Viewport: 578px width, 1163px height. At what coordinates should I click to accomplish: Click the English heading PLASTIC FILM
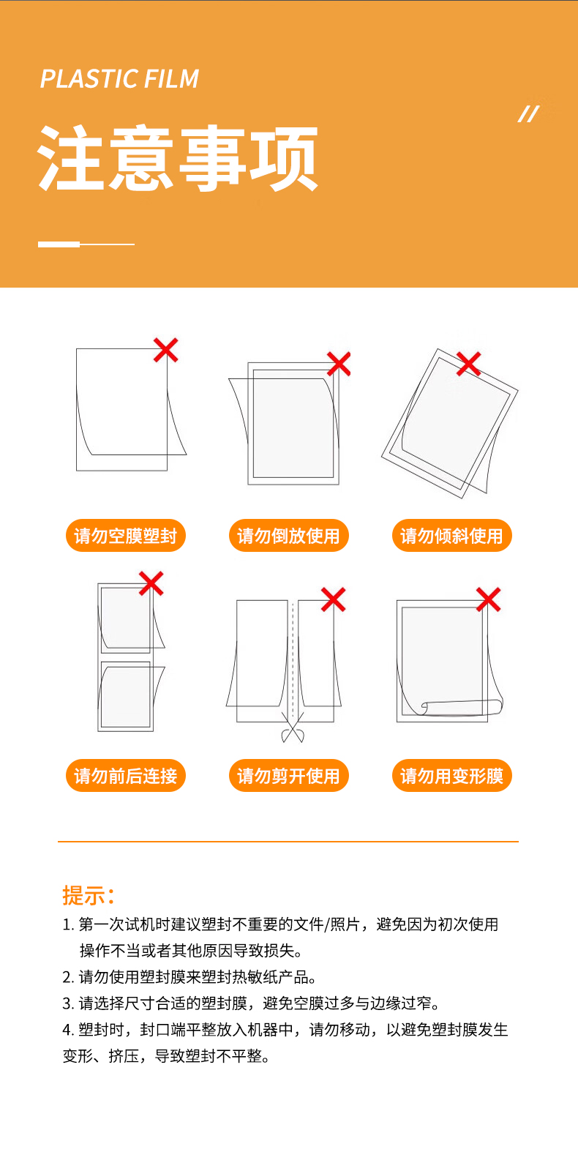coord(119,79)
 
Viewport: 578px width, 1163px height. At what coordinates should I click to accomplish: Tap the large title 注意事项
coord(178,158)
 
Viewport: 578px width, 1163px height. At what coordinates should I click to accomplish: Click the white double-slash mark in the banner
coord(528,114)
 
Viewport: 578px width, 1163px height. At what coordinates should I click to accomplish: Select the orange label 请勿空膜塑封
coord(126,535)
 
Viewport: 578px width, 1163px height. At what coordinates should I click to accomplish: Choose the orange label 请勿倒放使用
coord(288,535)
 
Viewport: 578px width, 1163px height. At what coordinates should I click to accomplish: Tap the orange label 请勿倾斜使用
coord(452,535)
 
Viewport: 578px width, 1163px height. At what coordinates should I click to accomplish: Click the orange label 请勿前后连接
coord(126,776)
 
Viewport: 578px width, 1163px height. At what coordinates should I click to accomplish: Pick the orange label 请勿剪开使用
coord(288,776)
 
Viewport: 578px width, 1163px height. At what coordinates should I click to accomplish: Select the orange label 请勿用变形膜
coord(452,776)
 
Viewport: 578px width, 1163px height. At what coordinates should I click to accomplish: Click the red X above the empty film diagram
coord(166,350)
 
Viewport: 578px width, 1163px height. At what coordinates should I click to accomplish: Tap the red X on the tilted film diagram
coord(469,364)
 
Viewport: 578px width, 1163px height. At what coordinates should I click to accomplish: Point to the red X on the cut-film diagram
coord(333,599)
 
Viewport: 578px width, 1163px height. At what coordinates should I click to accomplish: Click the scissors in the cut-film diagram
coord(293,727)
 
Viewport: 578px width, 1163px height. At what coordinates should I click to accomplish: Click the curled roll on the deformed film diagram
coord(462,708)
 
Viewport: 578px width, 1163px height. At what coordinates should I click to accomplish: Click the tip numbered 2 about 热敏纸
coord(189,977)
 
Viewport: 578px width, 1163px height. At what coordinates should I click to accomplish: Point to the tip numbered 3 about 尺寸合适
coord(251,1003)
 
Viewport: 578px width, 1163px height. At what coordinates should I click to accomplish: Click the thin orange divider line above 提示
coord(288,841)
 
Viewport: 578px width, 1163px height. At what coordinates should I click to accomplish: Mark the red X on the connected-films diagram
coord(151,583)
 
